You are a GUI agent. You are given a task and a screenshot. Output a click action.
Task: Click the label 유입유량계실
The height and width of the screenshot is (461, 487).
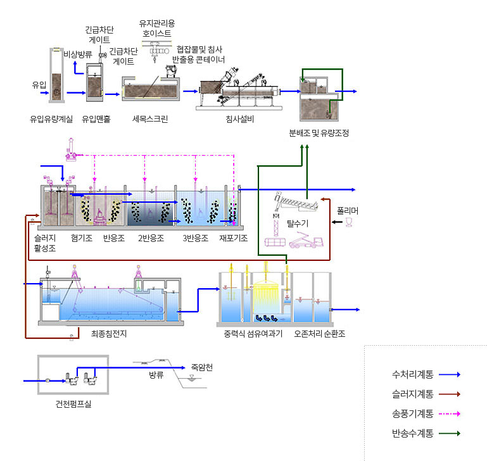tap(51, 118)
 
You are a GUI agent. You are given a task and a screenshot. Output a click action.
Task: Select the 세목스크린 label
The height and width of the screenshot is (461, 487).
tap(150, 118)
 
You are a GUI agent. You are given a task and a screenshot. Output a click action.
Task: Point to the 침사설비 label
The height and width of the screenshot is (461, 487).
tap(239, 119)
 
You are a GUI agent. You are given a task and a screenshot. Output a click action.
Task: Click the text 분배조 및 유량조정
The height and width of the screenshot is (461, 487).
tap(319, 133)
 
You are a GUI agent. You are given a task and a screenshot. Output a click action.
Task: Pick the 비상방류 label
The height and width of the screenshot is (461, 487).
tap(78, 54)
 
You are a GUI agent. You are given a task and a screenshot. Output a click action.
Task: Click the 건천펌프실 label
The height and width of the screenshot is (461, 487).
tap(73, 404)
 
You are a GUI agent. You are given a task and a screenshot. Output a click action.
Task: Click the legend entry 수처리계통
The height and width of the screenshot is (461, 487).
tap(412, 374)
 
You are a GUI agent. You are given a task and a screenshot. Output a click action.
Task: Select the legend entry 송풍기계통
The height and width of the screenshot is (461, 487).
tap(412, 414)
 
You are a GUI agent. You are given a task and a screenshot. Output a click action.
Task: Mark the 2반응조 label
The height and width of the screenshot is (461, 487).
tap(151, 238)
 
